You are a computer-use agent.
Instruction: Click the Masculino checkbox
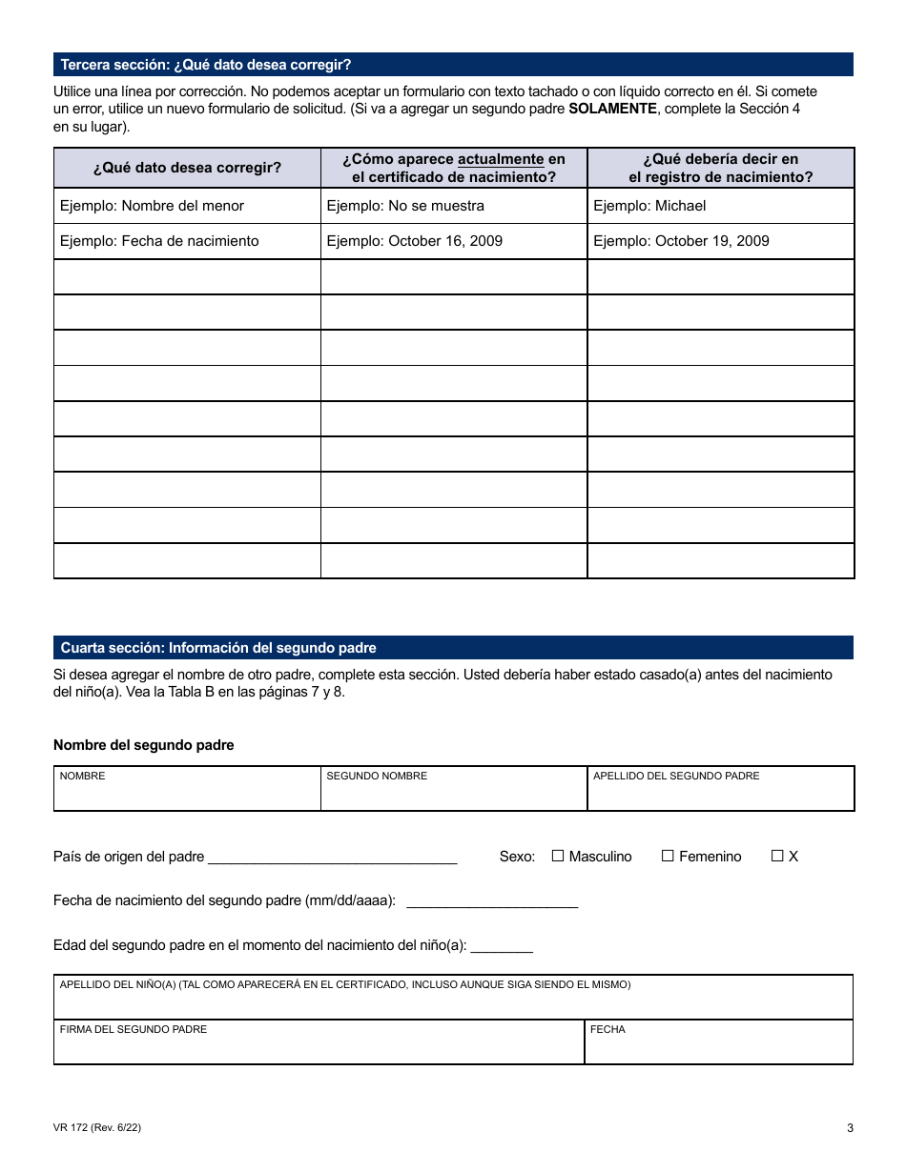coord(558,856)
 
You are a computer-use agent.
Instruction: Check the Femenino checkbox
coord(668,856)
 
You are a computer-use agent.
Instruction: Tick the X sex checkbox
coord(777,856)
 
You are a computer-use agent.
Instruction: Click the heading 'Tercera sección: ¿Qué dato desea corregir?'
coord(206,65)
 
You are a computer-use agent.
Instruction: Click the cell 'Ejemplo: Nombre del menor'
coord(153,206)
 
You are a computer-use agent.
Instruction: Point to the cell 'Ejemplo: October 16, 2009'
coord(415,241)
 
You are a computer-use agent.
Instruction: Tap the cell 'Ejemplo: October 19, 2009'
coord(681,241)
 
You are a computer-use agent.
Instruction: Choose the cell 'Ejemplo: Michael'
coord(649,206)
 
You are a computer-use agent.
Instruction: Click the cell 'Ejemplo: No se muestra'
coord(405,206)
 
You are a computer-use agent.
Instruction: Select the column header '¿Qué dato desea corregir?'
coord(187,168)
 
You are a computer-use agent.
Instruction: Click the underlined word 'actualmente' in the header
coord(501,159)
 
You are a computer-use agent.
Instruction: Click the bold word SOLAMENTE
coord(612,109)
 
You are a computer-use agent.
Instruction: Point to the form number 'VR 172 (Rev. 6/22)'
coord(98,1128)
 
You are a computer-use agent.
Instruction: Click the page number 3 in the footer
coord(850,1129)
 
